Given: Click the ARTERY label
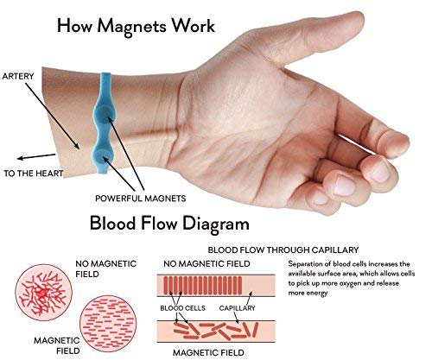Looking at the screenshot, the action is pos(18,76).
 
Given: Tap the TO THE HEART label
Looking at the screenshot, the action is pos(34,174).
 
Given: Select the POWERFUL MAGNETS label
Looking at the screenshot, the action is pos(141,199).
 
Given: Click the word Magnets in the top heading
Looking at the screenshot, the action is pos(131,27).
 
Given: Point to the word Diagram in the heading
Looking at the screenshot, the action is pos(216,224).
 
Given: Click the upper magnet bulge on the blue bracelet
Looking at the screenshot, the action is pos(105,114).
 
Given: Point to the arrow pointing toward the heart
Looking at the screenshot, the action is pos(36,156).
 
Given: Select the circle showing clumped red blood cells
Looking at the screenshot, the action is pos(44,293).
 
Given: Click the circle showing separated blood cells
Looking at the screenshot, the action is pos(108,324).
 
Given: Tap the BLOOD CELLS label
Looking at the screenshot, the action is pos(182,308).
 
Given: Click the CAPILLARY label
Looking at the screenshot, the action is pos(237,308).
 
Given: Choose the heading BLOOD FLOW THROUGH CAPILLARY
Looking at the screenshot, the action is pos(283,249).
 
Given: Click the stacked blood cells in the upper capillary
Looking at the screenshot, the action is pos(203,285).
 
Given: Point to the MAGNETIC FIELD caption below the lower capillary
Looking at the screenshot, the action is pos(208,352).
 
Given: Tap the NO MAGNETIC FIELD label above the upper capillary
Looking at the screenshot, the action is pos(206,263).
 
